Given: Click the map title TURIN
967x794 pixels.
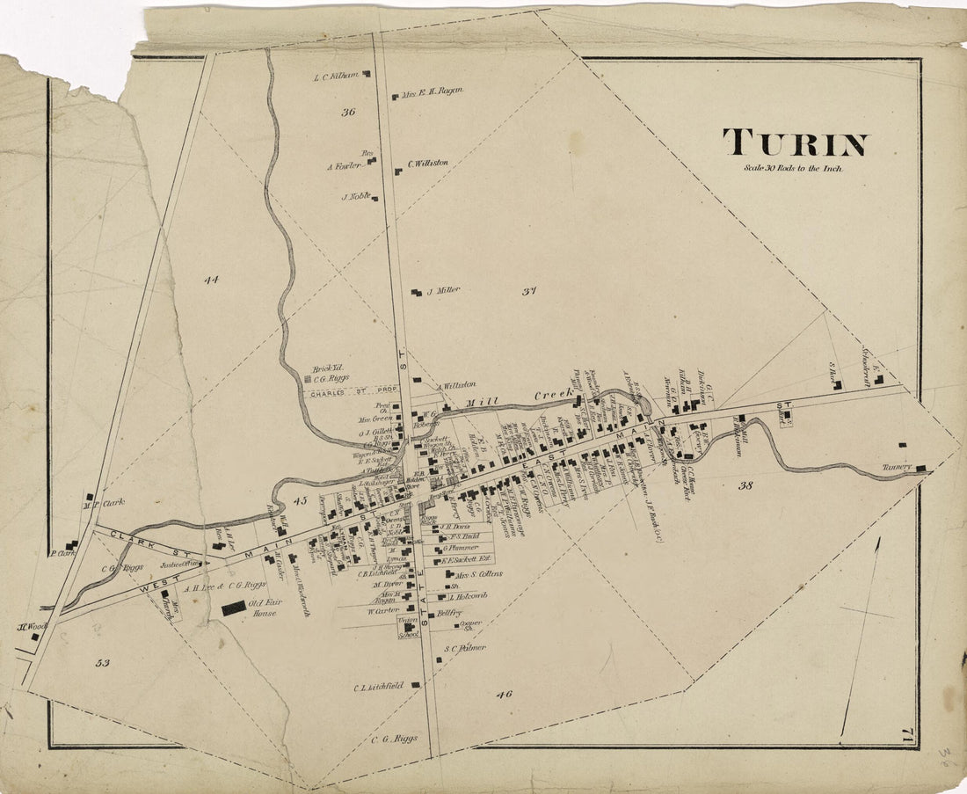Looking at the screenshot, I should tap(795, 143).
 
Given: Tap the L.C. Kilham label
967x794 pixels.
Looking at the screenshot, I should tap(336, 76).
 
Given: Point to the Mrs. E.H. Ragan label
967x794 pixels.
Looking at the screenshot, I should tap(432, 91).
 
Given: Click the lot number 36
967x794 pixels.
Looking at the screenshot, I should tap(348, 112).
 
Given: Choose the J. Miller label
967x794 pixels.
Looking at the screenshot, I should tap(443, 291).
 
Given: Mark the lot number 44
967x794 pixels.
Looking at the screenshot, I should tap(210, 280).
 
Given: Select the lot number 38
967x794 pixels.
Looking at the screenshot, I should tap(746, 484).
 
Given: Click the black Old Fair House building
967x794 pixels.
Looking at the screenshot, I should tap(234, 608).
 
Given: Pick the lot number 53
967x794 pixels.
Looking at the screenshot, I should tap(102, 662).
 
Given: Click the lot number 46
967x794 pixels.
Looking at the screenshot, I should tap(503, 694).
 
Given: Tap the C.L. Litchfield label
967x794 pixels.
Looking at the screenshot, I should tap(379, 685).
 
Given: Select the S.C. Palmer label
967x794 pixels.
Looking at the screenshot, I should tap(465, 648).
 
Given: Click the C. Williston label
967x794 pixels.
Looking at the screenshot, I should tap(427, 164).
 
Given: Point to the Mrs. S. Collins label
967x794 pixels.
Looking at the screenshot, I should tap(478, 574).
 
